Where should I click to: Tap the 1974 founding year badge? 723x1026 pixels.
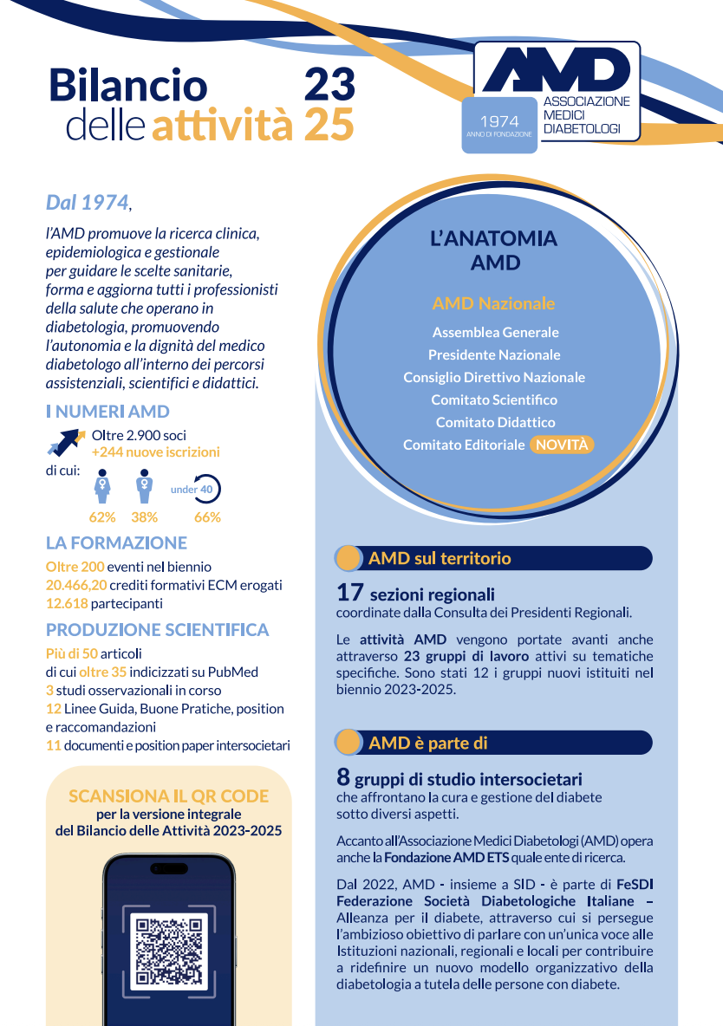(x=498, y=125)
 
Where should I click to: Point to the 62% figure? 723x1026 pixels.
(x=102, y=517)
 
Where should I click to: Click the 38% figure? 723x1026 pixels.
(x=144, y=517)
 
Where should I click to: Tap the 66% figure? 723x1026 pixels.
(x=207, y=517)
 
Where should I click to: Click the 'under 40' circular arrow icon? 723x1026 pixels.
(x=205, y=490)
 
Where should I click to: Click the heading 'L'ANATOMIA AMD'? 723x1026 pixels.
(x=493, y=250)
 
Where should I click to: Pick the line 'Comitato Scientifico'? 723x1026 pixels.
(x=494, y=399)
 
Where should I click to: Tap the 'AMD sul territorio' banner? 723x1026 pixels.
(x=492, y=559)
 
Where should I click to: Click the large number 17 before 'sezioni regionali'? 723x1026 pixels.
(x=349, y=594)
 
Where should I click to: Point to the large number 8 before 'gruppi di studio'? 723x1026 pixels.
(x=343, y=778)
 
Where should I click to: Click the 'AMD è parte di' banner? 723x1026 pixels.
(x=492, y=743)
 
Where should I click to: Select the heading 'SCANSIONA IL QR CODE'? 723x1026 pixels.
(x=168, y=795)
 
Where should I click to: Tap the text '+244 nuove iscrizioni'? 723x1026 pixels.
(x=155, y=451)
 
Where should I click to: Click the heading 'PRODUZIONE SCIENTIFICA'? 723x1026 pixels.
(x=157, y=630)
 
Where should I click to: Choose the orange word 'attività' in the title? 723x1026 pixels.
(x=222, y=127)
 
